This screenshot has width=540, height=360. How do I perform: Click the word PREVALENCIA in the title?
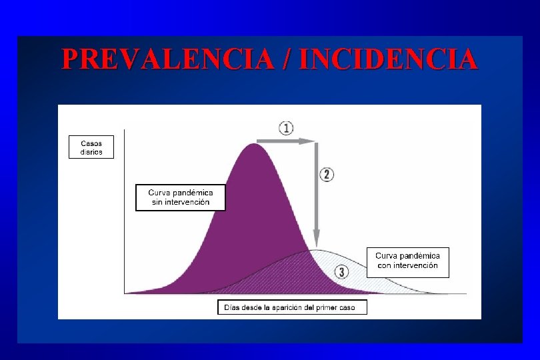(x=167, y=59)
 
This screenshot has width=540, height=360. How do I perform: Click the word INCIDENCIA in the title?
(x=389, y=59)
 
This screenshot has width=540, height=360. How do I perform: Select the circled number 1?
(x=286, y=128)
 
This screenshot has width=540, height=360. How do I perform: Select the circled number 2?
(x=326, y=175)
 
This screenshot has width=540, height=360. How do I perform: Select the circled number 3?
(x=341, y=272)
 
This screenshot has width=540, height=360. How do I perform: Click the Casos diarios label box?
(x=91, y=147)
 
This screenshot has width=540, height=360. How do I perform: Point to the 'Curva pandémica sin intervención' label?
(x=181, y=197)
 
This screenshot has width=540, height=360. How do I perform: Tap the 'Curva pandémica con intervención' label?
(x=407, y=261)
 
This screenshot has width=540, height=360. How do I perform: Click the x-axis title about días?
(x=292, y=307)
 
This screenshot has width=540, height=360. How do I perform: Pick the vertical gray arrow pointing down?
(x=316, y=193)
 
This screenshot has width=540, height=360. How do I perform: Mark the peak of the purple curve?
(x=253, y=145)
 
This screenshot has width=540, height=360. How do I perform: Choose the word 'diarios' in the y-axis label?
(x=91, y=151)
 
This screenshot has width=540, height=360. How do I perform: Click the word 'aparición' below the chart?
(x=291, y=307)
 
